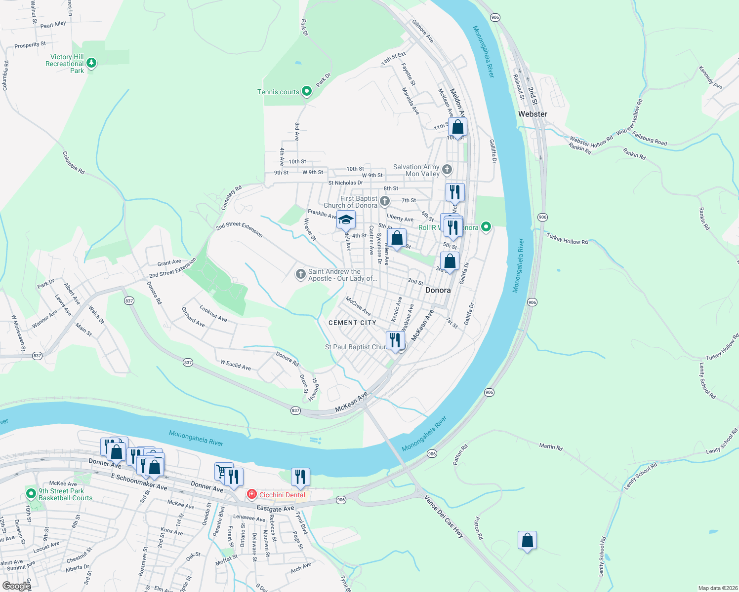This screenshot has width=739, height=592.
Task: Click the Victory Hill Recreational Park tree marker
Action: pos(91,63)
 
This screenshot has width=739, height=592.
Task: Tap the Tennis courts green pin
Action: pos(307,91)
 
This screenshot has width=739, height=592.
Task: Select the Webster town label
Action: pos(533,114)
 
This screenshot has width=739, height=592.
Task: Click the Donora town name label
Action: pos(438,290)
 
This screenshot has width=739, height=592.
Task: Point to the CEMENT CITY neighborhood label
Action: pos(352,323)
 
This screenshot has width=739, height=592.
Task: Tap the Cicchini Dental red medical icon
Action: pos(252,494)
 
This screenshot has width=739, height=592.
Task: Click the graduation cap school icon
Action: pos(346,220)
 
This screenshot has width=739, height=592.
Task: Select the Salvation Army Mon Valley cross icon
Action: pos(447,170)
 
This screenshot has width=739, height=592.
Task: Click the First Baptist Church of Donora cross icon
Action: pos(385,201)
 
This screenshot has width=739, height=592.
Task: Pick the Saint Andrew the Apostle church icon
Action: pos(300,274)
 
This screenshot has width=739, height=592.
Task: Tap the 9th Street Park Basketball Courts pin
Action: pos(31,493)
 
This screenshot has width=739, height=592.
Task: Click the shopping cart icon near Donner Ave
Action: pos(223,471)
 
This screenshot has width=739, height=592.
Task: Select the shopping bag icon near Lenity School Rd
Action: pos(527,540)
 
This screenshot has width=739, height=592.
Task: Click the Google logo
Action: pos(16,586)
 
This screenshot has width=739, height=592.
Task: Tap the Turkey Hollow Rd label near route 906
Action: pos(567,239)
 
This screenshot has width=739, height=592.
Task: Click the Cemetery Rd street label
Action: pos(232,197)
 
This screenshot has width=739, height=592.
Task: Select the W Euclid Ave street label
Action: pos(236,365)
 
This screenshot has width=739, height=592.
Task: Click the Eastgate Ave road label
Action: pos(275,508)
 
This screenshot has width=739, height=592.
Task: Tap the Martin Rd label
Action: pos(551,446)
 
